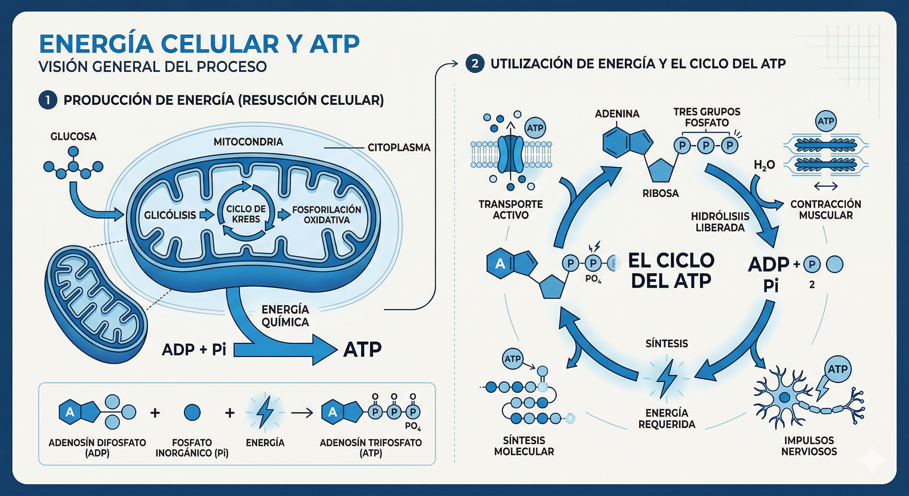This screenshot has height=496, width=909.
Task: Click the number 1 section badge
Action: coord(48,100)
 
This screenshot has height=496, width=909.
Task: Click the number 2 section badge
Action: coord(475,64)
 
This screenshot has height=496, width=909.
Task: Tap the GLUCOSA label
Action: coord(73,136)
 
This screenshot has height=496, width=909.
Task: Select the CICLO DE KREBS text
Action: coord(246,214)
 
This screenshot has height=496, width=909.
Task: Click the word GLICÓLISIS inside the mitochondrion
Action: coord(170,215)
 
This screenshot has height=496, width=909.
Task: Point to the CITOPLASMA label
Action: coord(399,148)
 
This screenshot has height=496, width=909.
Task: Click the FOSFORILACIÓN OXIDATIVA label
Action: coord(326,215)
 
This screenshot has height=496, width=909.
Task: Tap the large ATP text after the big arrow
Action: coord(363,349)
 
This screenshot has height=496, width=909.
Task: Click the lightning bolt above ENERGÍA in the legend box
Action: coord(265,412)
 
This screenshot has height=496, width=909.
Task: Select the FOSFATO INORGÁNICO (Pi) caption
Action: coord(192,448)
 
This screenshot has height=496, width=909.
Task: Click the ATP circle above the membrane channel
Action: coord(535,128)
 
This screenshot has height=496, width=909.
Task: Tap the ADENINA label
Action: coord(617,114)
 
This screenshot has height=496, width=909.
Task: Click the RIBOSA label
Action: coord(660,193)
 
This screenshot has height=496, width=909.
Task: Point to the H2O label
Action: coord(764,165)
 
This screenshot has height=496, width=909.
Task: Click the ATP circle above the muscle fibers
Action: coord(826,121)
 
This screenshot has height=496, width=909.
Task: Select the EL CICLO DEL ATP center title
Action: coord(671,270)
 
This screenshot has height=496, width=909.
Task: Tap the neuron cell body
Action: coord(784,398)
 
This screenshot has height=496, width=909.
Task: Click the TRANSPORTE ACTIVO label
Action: coord(511,209)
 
